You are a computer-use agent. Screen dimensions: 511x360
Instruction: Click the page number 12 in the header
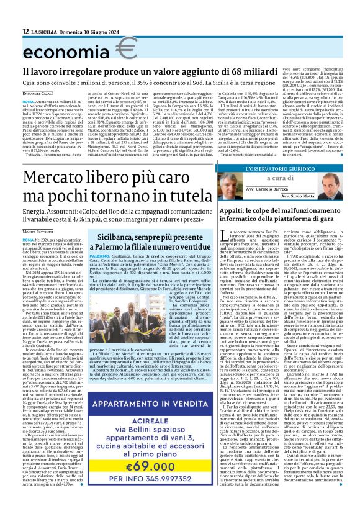(x=25, y=31)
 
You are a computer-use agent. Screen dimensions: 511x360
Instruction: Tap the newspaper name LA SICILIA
(x=49, y=31)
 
